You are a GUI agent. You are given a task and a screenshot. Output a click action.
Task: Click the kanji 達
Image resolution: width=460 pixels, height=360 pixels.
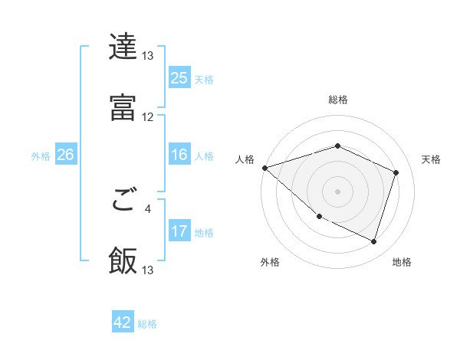click(x=123, y=47)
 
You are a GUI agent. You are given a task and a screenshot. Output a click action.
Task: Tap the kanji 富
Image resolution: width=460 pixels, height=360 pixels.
click(x=123, y=107)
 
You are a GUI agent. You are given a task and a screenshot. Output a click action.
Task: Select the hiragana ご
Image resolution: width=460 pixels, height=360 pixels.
click(x=123, y=203)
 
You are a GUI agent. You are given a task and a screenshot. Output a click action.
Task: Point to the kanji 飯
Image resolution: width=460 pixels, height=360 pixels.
click(x=123, y=260)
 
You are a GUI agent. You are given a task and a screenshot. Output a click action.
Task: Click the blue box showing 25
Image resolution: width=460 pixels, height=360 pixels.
click(x=179, y=77)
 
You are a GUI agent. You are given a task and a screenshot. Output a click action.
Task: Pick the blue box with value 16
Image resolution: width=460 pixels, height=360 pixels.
click(x=179, y=155)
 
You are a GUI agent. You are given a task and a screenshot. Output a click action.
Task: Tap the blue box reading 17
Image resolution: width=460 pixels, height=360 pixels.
click(x=179, y=231)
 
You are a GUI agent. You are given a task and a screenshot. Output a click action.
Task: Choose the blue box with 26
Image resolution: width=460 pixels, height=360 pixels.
click(x=65, y=155)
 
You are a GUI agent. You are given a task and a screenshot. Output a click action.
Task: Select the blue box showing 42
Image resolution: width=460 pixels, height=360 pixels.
click(x=123, y=322)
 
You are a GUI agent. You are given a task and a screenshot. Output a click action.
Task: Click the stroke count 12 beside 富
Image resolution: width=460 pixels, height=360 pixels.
click(x=148, y=117)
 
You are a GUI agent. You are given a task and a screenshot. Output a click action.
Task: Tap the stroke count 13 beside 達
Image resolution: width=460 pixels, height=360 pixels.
click(x=148, y=56)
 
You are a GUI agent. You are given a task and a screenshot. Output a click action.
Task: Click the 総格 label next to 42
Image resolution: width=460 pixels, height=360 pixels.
click(x=147, y=324)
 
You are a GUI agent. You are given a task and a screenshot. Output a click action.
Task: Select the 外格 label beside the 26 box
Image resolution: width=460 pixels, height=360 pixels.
click(x=41, y=155)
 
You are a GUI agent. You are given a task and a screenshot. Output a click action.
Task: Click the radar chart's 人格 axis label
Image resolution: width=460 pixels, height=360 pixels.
click(x=244, y=159)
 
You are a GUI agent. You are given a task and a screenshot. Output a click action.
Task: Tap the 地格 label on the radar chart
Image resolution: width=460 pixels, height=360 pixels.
click(x=402, y=262)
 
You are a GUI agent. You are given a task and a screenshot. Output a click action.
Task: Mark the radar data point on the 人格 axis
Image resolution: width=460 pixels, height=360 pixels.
click(x=264, y=168)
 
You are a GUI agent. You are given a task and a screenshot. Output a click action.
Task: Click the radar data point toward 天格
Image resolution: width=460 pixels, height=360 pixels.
click(x=396, y=172)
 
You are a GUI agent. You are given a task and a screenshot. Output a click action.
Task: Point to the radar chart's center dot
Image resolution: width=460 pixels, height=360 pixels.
click(x=337, y=191)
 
